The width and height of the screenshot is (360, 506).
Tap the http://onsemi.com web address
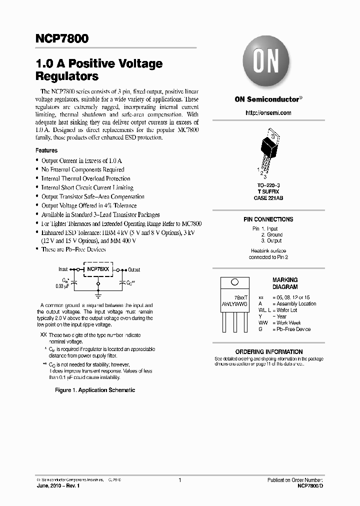(268, 113)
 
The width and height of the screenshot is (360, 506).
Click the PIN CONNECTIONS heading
(268, 219)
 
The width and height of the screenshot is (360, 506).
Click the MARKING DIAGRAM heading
(285, 283)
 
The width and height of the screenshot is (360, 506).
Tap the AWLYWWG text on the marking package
(234, 303)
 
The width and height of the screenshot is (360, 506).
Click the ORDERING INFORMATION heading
(269, 352)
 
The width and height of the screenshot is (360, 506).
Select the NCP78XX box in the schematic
(98, 269)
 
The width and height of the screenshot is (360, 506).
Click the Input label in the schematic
(63, 269)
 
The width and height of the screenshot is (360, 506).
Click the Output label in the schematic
(134, 269)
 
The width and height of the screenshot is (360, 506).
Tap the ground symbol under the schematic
(98, 295)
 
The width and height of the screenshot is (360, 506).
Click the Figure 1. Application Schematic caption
(95, 390)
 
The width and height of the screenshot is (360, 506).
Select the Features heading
(46, 150)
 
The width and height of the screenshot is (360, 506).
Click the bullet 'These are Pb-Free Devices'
(73, 249)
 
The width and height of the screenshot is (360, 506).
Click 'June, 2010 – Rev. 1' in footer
(58, 485)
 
